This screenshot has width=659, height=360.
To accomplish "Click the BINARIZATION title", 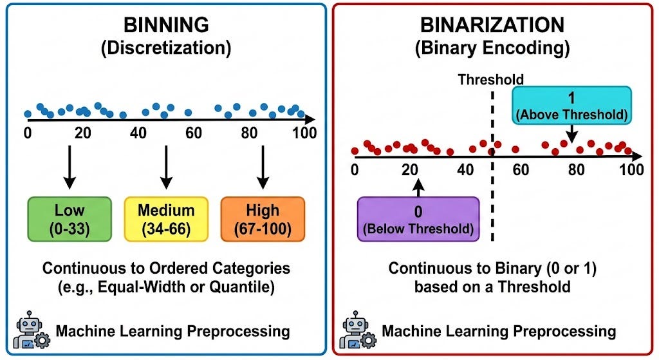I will click(492, 26).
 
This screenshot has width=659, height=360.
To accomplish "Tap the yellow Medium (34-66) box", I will click(166, 220).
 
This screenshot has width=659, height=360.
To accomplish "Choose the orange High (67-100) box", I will click(263, 220).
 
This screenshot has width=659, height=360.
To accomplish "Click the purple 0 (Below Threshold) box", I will click(418, 219).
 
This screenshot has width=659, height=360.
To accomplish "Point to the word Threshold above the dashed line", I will click(490, 80).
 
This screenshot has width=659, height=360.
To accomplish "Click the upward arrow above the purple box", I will click(418, 187).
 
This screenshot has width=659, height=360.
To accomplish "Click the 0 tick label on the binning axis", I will click(27, 133).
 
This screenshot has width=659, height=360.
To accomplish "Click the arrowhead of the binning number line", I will click(310, 119).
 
